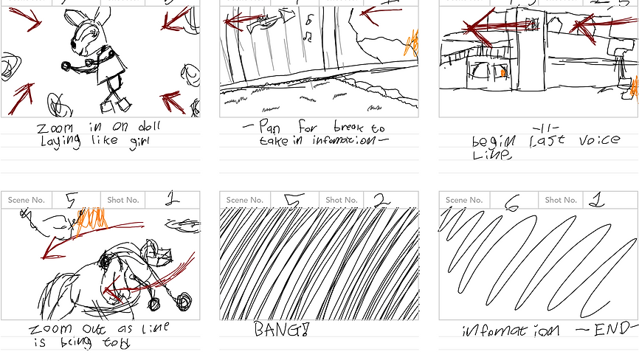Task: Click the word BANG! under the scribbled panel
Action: (280, 329)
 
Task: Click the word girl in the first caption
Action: (135, 140)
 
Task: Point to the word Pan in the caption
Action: (271, 127)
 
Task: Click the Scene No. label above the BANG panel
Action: (244, 200)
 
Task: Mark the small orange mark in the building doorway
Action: (503, 73)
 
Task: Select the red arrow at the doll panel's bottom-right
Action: (173, 101)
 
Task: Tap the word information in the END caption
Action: (510, 330)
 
